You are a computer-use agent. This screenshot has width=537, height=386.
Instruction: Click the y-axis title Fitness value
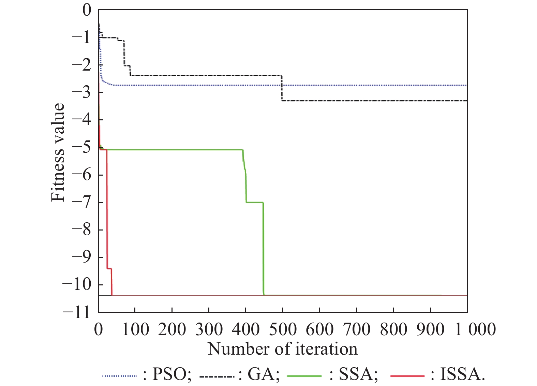[x=58, y=152]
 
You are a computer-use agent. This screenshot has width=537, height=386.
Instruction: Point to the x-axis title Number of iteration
[x=283, y=349]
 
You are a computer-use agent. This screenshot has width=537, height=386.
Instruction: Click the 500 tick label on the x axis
[x=283, y=329]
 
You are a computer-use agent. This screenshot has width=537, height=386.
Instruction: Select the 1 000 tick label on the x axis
[x=475, y=329]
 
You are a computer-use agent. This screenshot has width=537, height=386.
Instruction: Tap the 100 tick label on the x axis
[x=135, y=329]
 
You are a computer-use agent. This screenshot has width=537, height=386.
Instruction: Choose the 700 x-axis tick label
[x=356, y=329]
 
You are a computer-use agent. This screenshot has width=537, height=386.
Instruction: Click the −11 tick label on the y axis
[x=78, y=312]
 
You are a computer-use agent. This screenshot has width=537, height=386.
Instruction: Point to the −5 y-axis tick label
[x=82, y=147]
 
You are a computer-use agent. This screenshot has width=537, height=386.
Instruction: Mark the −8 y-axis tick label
[x=82, y=229]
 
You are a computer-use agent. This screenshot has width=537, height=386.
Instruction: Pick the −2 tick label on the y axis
[x=82, y=65]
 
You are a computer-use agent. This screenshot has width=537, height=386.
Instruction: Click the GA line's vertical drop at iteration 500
[x=282, y=88]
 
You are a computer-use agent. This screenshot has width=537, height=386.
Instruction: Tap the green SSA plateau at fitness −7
[x=254, y=202]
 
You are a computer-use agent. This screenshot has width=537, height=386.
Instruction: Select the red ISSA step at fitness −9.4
[x=109, y=269]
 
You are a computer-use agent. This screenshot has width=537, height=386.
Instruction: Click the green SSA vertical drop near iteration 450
[x=263, y=249]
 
